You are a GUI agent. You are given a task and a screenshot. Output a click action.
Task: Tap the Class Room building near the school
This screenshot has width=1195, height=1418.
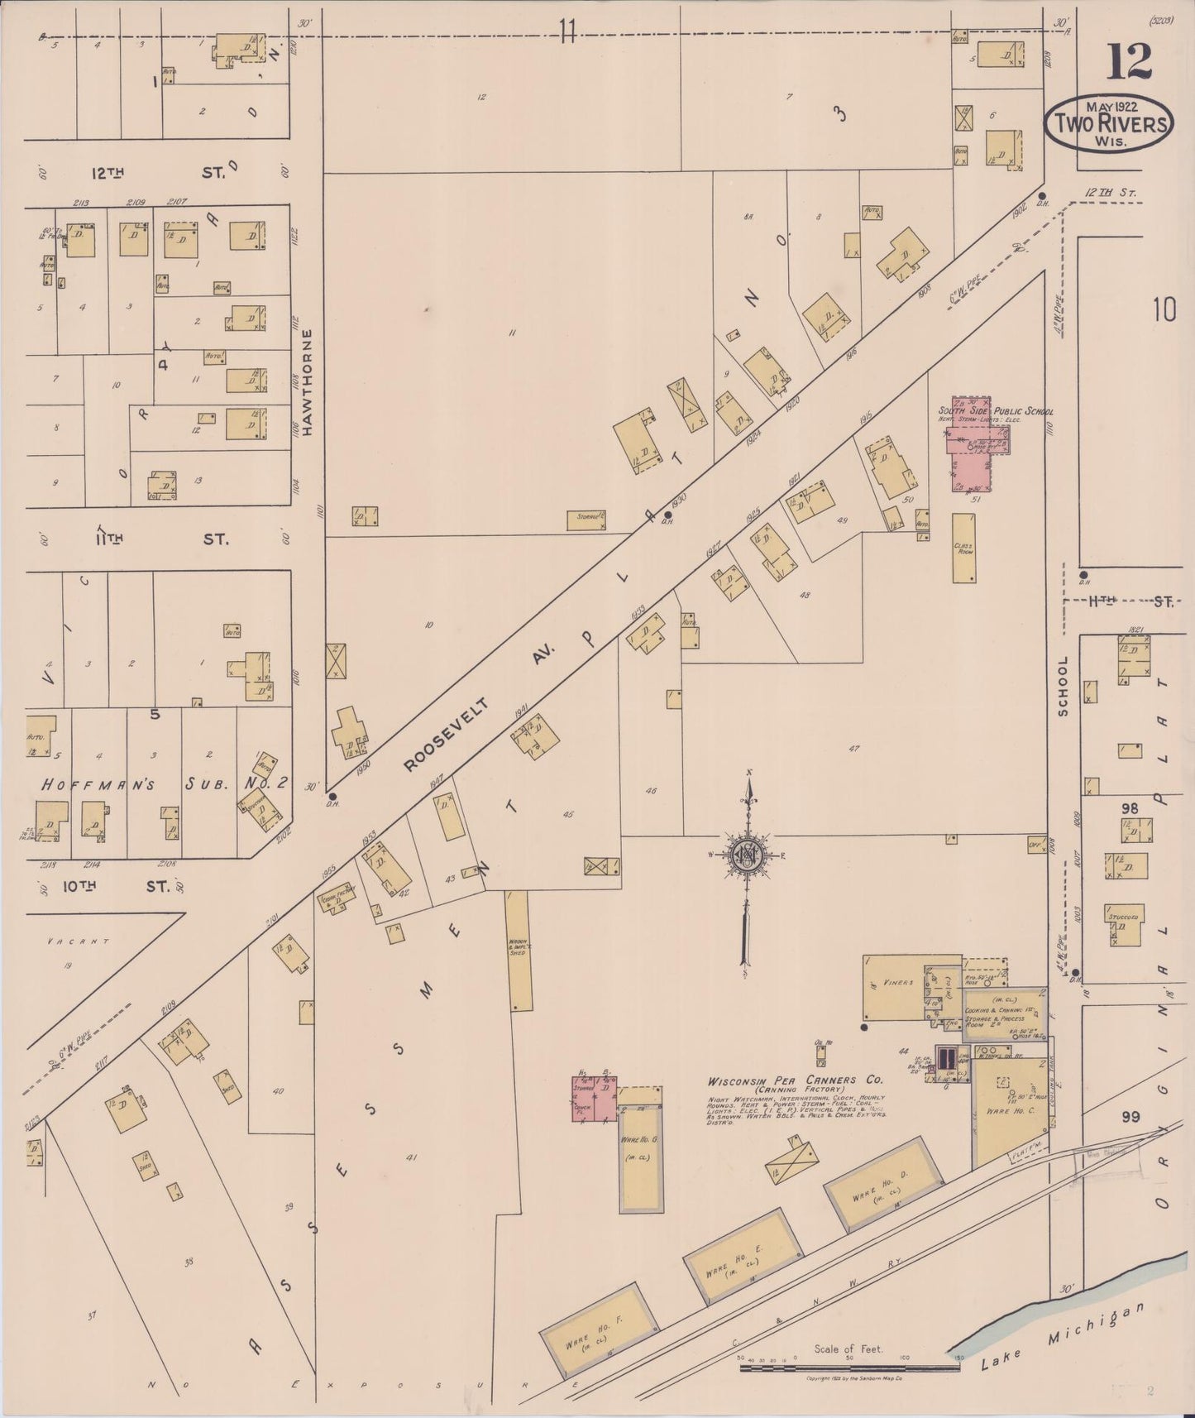tap(963, 549)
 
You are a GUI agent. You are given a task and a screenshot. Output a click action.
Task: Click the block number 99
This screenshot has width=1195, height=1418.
tap(1130, 1117)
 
